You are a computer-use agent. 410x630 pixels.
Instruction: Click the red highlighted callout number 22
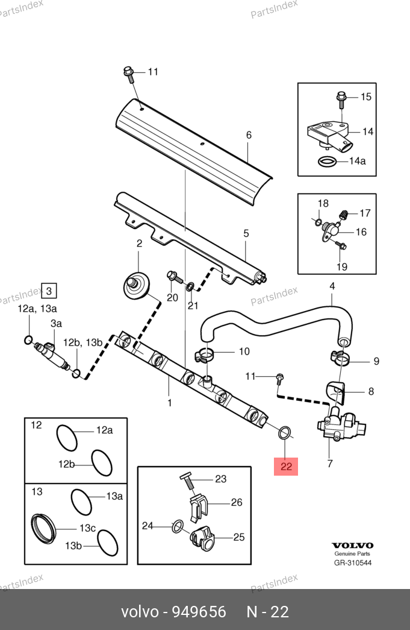pyautogui.click(x=286, y=467)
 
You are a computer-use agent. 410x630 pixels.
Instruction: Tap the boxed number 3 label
pyautogui.click(x=49, y=291)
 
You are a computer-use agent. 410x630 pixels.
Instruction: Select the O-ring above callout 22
pyautogui.click(x=284, y=433)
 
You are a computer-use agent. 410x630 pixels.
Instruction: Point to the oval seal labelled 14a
pyautogui.click(x=328, y=162)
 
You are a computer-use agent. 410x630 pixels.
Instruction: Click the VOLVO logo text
pyautogui.click(x=352, y=545)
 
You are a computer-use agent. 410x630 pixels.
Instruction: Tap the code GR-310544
pyautogui.click(x=353, y=562)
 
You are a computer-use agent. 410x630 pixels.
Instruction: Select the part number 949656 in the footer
pyautogui.click(x=199, y=611)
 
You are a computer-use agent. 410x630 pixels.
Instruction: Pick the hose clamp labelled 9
pyautogui.click(x=340, y=357)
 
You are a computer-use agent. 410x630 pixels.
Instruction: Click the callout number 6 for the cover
pyautogui.click(x=249, y=135)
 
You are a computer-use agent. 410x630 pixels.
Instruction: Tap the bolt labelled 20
pyautogui.click(x=173, y=277)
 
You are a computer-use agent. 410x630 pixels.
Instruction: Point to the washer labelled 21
pyautogui.click(x=190, y=286)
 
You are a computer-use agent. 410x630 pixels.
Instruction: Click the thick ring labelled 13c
pyautogui.click(x=43, y=528)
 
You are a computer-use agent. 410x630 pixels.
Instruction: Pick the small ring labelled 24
pyautogui.click(x=178, y=526)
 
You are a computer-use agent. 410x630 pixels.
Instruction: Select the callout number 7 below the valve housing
pyautogui.click(x=330, y=464)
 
